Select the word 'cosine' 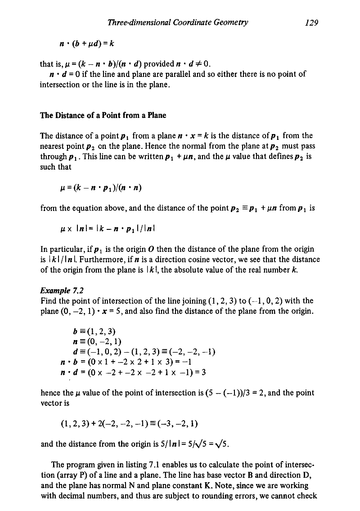[x=177, y=260]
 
